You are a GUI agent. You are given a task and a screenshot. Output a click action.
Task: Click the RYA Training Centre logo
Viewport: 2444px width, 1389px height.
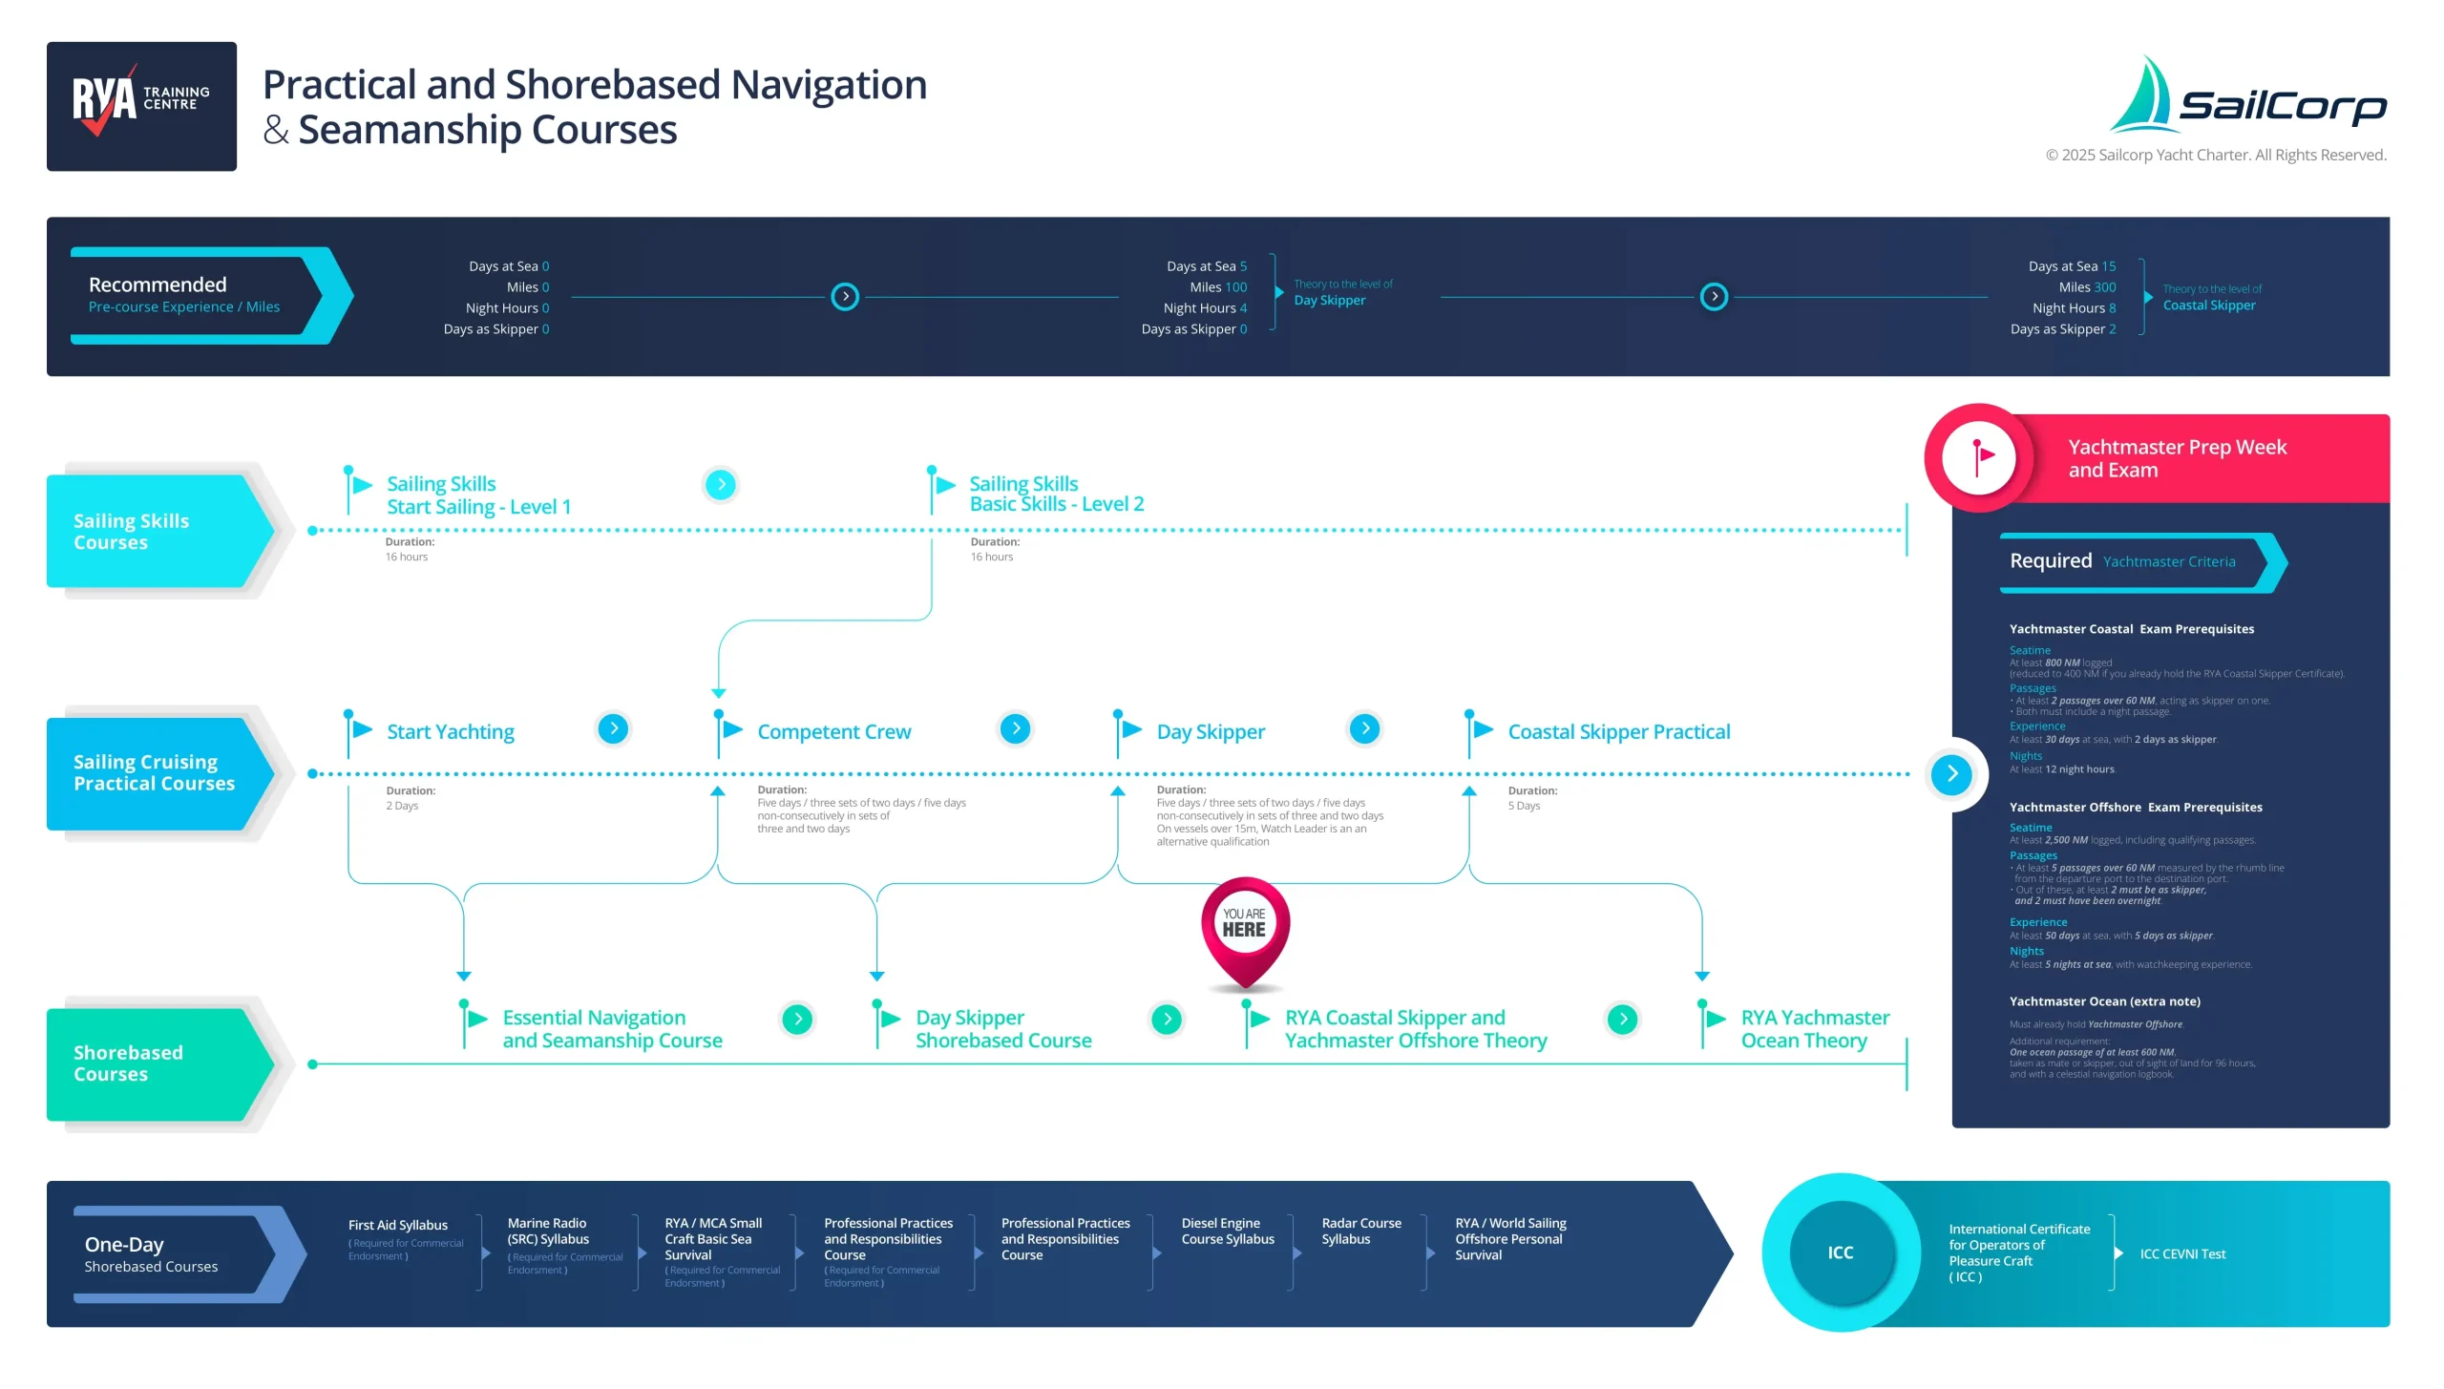click(x=141, y=106)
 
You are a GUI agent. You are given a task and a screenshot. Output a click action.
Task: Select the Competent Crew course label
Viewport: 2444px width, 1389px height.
click(x=833, y=732)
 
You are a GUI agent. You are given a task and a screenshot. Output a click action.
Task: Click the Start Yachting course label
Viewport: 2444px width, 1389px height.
click(x=450, y=732)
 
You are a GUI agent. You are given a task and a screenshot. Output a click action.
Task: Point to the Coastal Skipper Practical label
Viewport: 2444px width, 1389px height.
click(x=1618, y=732)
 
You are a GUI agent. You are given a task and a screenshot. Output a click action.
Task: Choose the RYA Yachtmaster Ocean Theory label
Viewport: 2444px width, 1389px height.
click(x=1814, y=1029)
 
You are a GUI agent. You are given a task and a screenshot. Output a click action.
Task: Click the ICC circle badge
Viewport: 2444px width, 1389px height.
click(x=1840, y=1252)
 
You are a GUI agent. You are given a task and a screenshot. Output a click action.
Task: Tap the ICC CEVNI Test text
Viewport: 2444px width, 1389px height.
click(x=2181, y=1254)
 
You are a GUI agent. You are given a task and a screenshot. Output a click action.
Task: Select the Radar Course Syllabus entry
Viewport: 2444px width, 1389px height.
click(x=1360, y=1231)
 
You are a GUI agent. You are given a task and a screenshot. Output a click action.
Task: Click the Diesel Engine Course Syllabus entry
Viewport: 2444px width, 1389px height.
click(x=1227, y=1231)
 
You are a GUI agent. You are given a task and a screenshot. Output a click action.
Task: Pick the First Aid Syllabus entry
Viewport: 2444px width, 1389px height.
click(x=397, y=1226)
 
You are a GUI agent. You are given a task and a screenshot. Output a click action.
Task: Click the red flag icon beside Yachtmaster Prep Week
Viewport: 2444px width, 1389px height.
click(x=1980, y=458)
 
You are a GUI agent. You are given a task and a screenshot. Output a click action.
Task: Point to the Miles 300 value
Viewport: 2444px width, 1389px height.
click(x=2104, y=287)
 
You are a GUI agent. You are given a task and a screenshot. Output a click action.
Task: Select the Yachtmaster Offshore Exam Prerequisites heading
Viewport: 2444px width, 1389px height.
click(x=2135, y=808)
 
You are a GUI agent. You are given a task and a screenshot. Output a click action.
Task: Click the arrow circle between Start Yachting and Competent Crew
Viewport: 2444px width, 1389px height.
click(x=613, y=729)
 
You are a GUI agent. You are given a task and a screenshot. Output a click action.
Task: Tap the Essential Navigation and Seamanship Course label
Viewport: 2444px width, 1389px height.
click(x=612, y=1029)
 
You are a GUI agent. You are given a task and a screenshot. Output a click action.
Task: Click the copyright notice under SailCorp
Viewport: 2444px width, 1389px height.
click(x=2215, y=156)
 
